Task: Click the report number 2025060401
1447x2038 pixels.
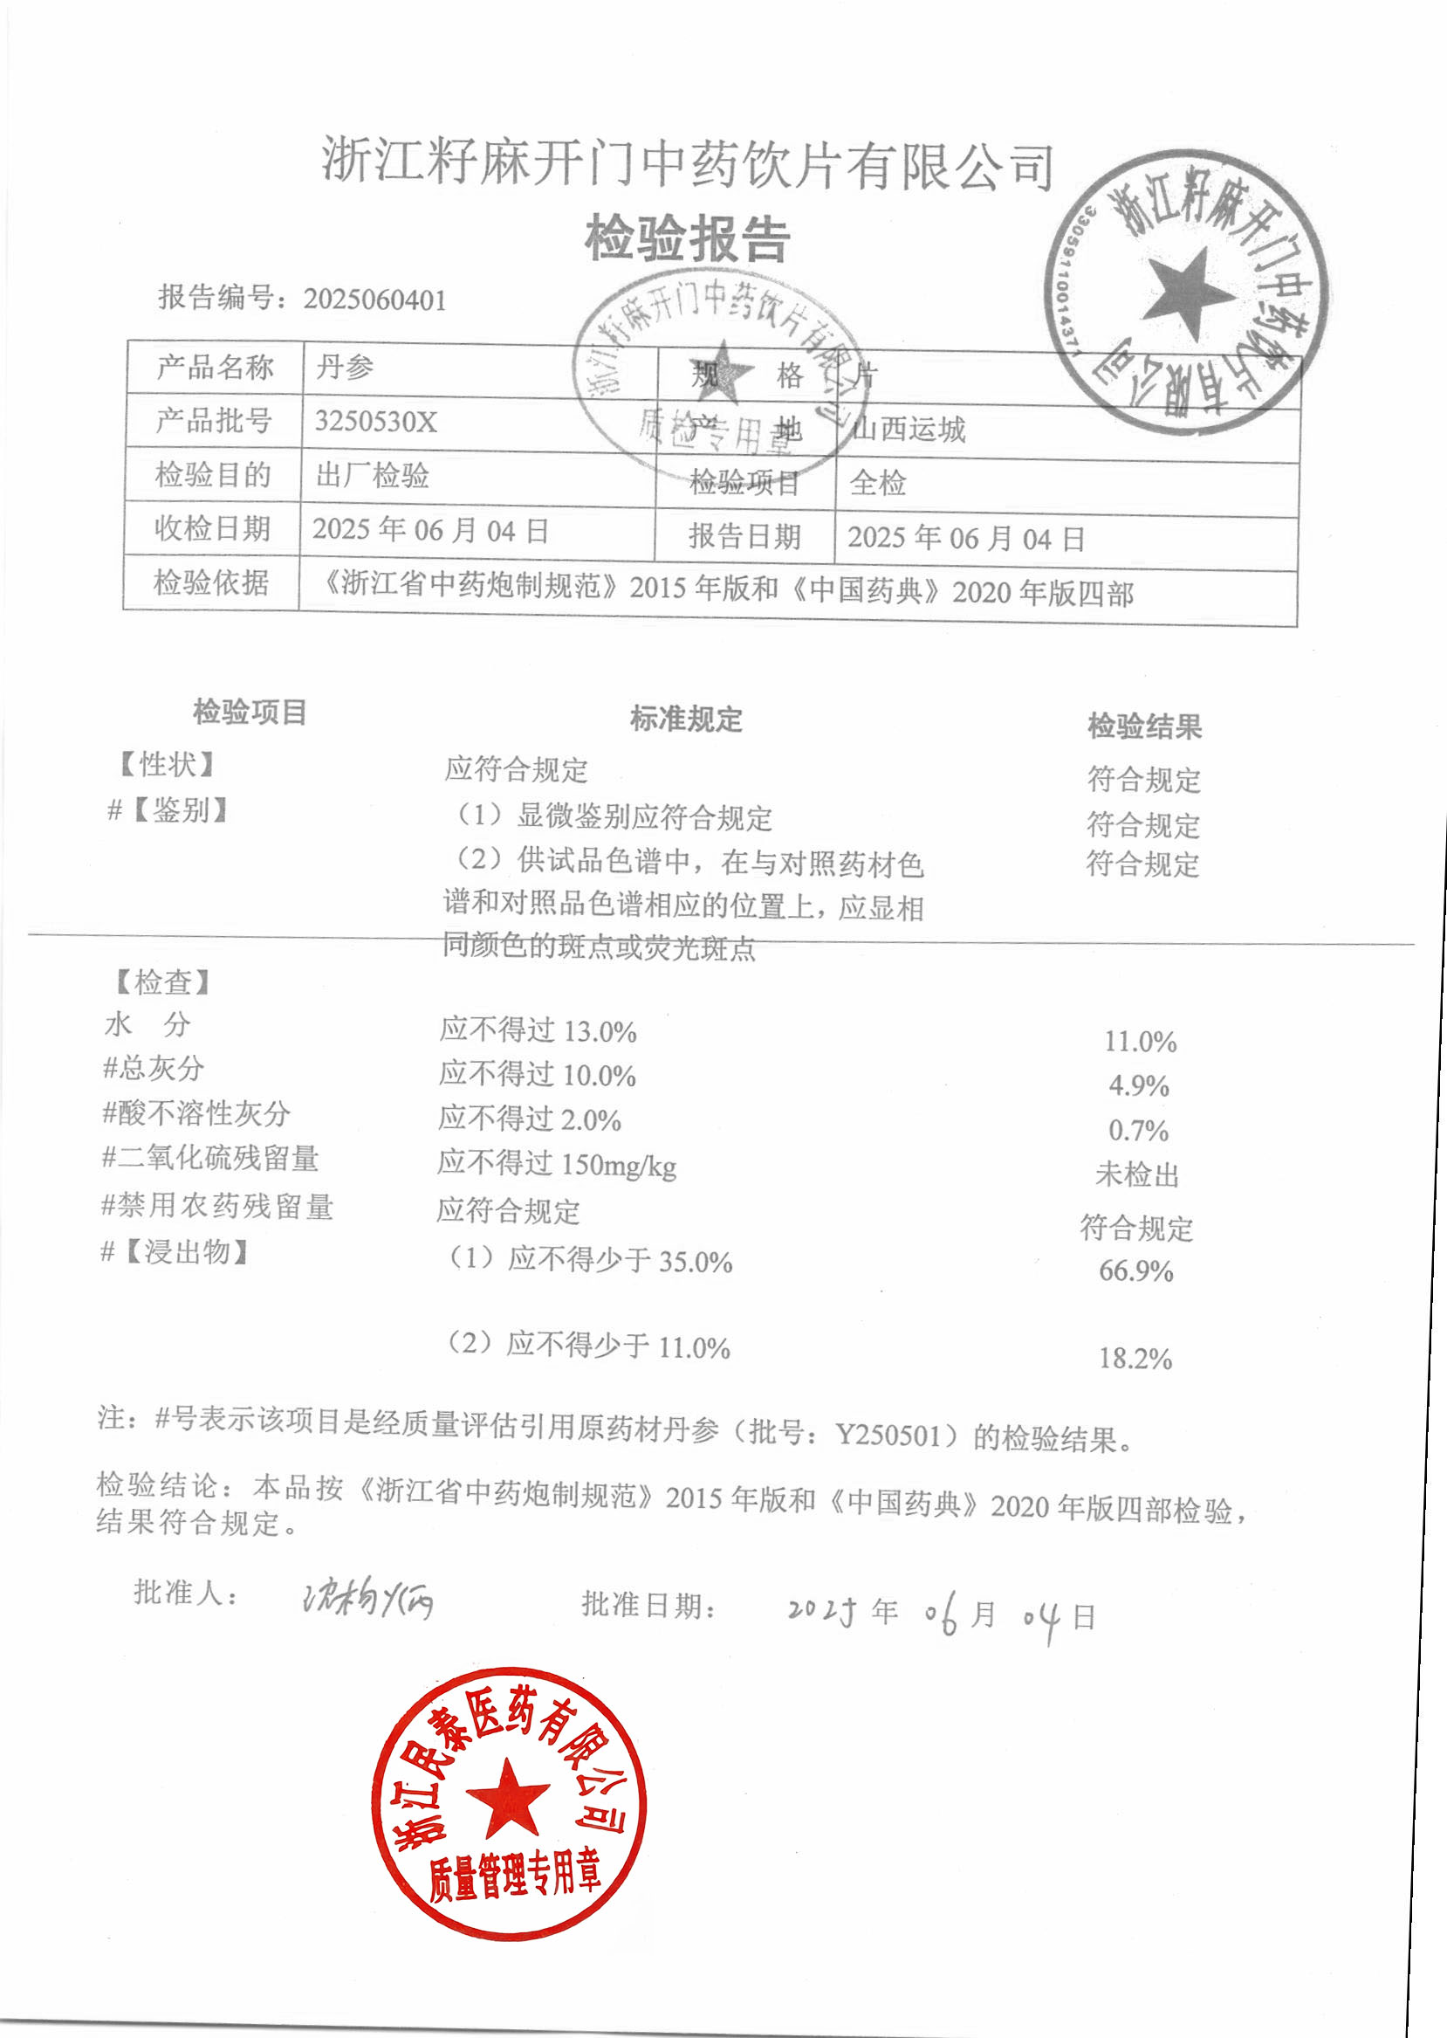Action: click(374, 300)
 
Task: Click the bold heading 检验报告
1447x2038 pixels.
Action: click(687, 239)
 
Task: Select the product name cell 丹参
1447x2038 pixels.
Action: click(345, 368)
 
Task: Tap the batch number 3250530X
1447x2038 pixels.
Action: click(375, 422)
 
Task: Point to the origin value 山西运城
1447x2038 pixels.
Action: click(909, 430)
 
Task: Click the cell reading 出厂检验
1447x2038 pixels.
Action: click(373, 475)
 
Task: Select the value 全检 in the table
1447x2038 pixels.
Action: click(878, 483)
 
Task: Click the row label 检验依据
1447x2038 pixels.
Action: click(211, 583)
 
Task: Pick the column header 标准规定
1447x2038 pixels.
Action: click(686, 719)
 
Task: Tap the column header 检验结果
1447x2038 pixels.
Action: click(1144, 726)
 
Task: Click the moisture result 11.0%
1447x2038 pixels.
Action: click(1141, 1042)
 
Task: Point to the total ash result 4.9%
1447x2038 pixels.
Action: click(1139, 1086)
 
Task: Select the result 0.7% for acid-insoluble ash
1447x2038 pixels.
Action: click(1138, 1131)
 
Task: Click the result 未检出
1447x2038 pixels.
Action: click(1137, 1174)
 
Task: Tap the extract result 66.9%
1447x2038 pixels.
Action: click(1136, 1270)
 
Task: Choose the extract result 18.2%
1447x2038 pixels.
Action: click(1135, 1359)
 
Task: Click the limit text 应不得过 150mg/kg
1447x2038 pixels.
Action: click(557, 1164)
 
